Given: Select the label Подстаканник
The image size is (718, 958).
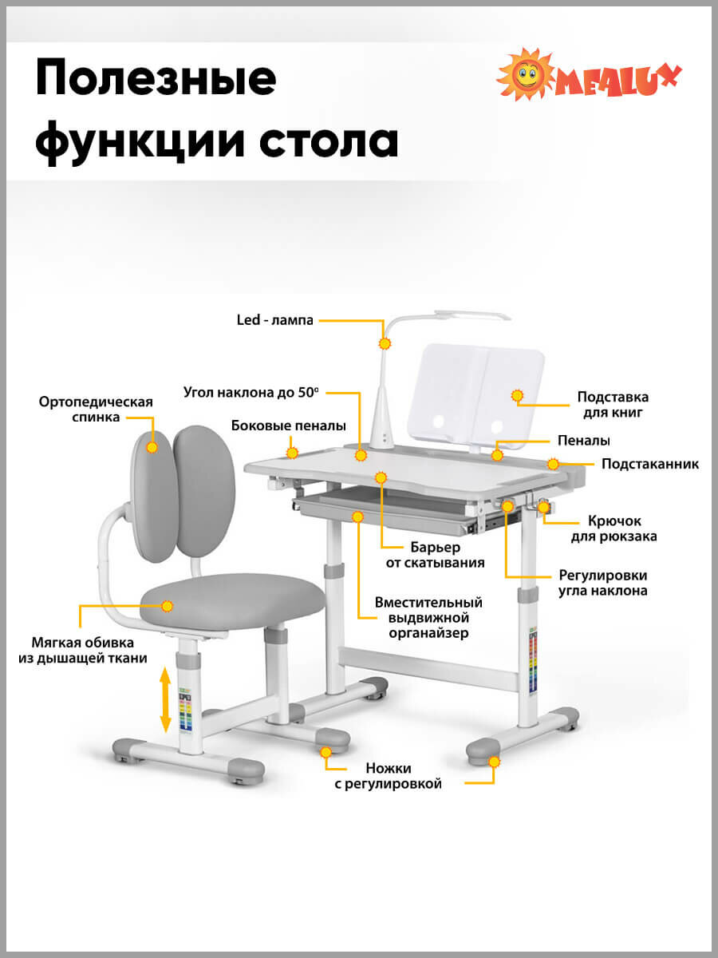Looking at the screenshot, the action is pyautogui.click(x=649, y=464).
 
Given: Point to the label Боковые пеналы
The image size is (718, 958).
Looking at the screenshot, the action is pyautogui.click(x=288, y=426).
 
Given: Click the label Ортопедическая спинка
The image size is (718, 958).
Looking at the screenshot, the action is pyautogui.click(x=96, y=409).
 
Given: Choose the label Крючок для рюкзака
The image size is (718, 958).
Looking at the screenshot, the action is pyautogui.click(x=613, y=528).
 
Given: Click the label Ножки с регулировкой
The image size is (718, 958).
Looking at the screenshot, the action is pyautogui.click(x=388, y=776).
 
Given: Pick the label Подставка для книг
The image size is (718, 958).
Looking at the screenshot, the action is pyautogui.click(x=613, y=405).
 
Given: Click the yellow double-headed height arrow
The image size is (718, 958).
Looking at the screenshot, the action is pyautogui.click(x=166, y=700).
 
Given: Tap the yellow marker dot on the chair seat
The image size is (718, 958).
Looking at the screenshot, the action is pyautogui.click(x=168, y=607).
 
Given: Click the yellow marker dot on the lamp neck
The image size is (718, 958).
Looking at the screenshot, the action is pyautogui.click(x=385, y=344).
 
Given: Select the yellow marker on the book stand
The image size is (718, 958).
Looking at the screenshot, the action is pyautogui.click(x=517, y=395).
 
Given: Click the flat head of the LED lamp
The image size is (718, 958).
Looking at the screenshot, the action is pyautogui.click(x=472, y=315).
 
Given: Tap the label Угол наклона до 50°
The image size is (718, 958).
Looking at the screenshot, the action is pyautogui.click(x=251, y=392).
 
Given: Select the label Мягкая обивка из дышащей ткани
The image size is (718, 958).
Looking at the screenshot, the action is pyautogui.click(x=83, y=650).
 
